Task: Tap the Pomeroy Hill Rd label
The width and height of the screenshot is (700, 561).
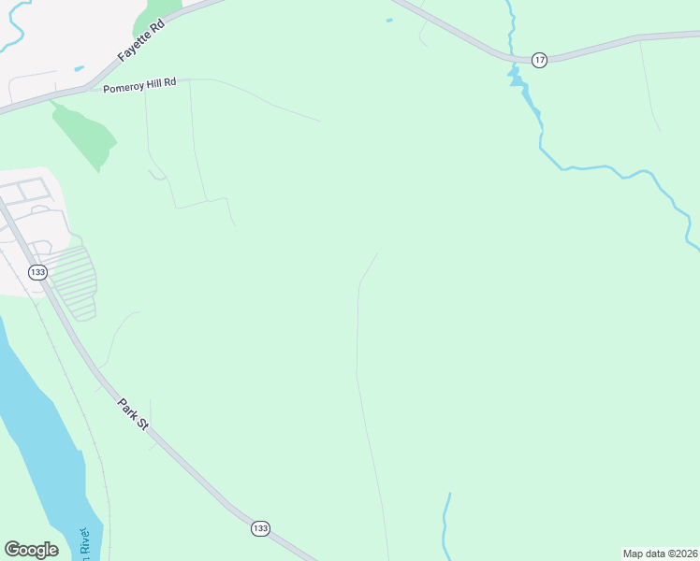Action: (x=140, y=83)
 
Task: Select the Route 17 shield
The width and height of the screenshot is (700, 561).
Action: (x=539, y=60)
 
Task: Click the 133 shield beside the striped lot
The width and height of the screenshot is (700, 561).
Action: (x=37, y=271)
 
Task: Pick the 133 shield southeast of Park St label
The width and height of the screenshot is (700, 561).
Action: (x=260, y=528)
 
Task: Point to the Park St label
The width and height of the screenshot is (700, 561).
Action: (x=133, y=414)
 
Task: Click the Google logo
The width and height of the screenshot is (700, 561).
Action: (x=31, y=550)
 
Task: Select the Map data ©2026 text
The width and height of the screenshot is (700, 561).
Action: (x=660, y=554)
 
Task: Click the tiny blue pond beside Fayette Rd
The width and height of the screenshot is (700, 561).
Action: (x=79, y=68)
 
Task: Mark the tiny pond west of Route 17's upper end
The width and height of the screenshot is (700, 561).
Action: (x=388, y=20)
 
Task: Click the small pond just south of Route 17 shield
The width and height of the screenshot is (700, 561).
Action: (x=515, y=77)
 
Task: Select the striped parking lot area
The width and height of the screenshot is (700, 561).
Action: (x=73, y=281)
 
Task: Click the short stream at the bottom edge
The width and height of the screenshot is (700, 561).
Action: (x=446, y=524)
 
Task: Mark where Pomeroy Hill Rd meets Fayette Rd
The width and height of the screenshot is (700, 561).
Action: (x=87, y=88)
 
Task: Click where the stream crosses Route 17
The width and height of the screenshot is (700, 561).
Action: (x=512, y=57)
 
